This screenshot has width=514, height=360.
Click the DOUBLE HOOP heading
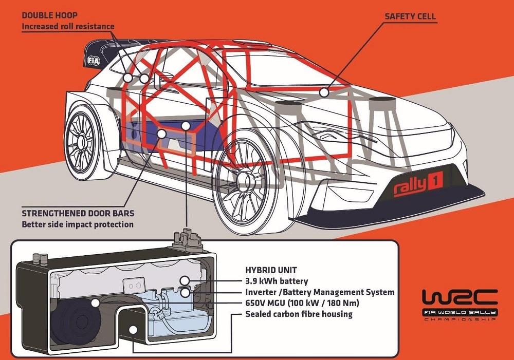point(49,15)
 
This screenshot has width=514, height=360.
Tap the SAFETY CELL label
point(410,16)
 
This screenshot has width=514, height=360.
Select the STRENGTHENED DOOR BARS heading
point(78,213)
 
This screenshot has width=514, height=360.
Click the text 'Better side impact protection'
point(78,224)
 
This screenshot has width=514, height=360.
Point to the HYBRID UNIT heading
point(271,270)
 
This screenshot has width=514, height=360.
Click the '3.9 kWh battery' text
point(277,281)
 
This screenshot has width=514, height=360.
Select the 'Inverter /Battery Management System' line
point(320,292)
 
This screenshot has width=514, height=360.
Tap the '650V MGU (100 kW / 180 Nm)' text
point(302,303)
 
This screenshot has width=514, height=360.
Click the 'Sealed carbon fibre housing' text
point(299,314)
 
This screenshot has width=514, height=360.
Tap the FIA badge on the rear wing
point(94,61)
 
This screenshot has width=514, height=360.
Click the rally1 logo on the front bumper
point(418,184)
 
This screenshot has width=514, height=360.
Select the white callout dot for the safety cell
point(324,92)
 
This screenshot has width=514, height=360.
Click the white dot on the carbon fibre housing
point(133,330)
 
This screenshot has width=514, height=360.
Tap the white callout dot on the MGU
point(95,303)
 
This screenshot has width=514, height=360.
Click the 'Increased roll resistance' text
point(68,27)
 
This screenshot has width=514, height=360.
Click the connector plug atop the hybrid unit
point(188,238)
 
